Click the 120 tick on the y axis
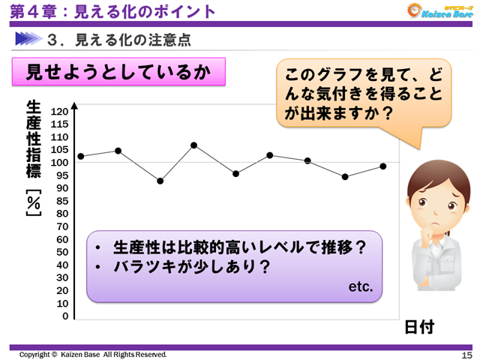point(60,112)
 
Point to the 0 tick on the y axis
point(65,316)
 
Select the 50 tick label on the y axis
point(61,252)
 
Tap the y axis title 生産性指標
point(33,135)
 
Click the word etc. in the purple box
point(361,287)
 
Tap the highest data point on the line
point(193,145)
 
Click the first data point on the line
point(81,156)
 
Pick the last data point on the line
point(382,166)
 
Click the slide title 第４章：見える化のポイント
point(112,11)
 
